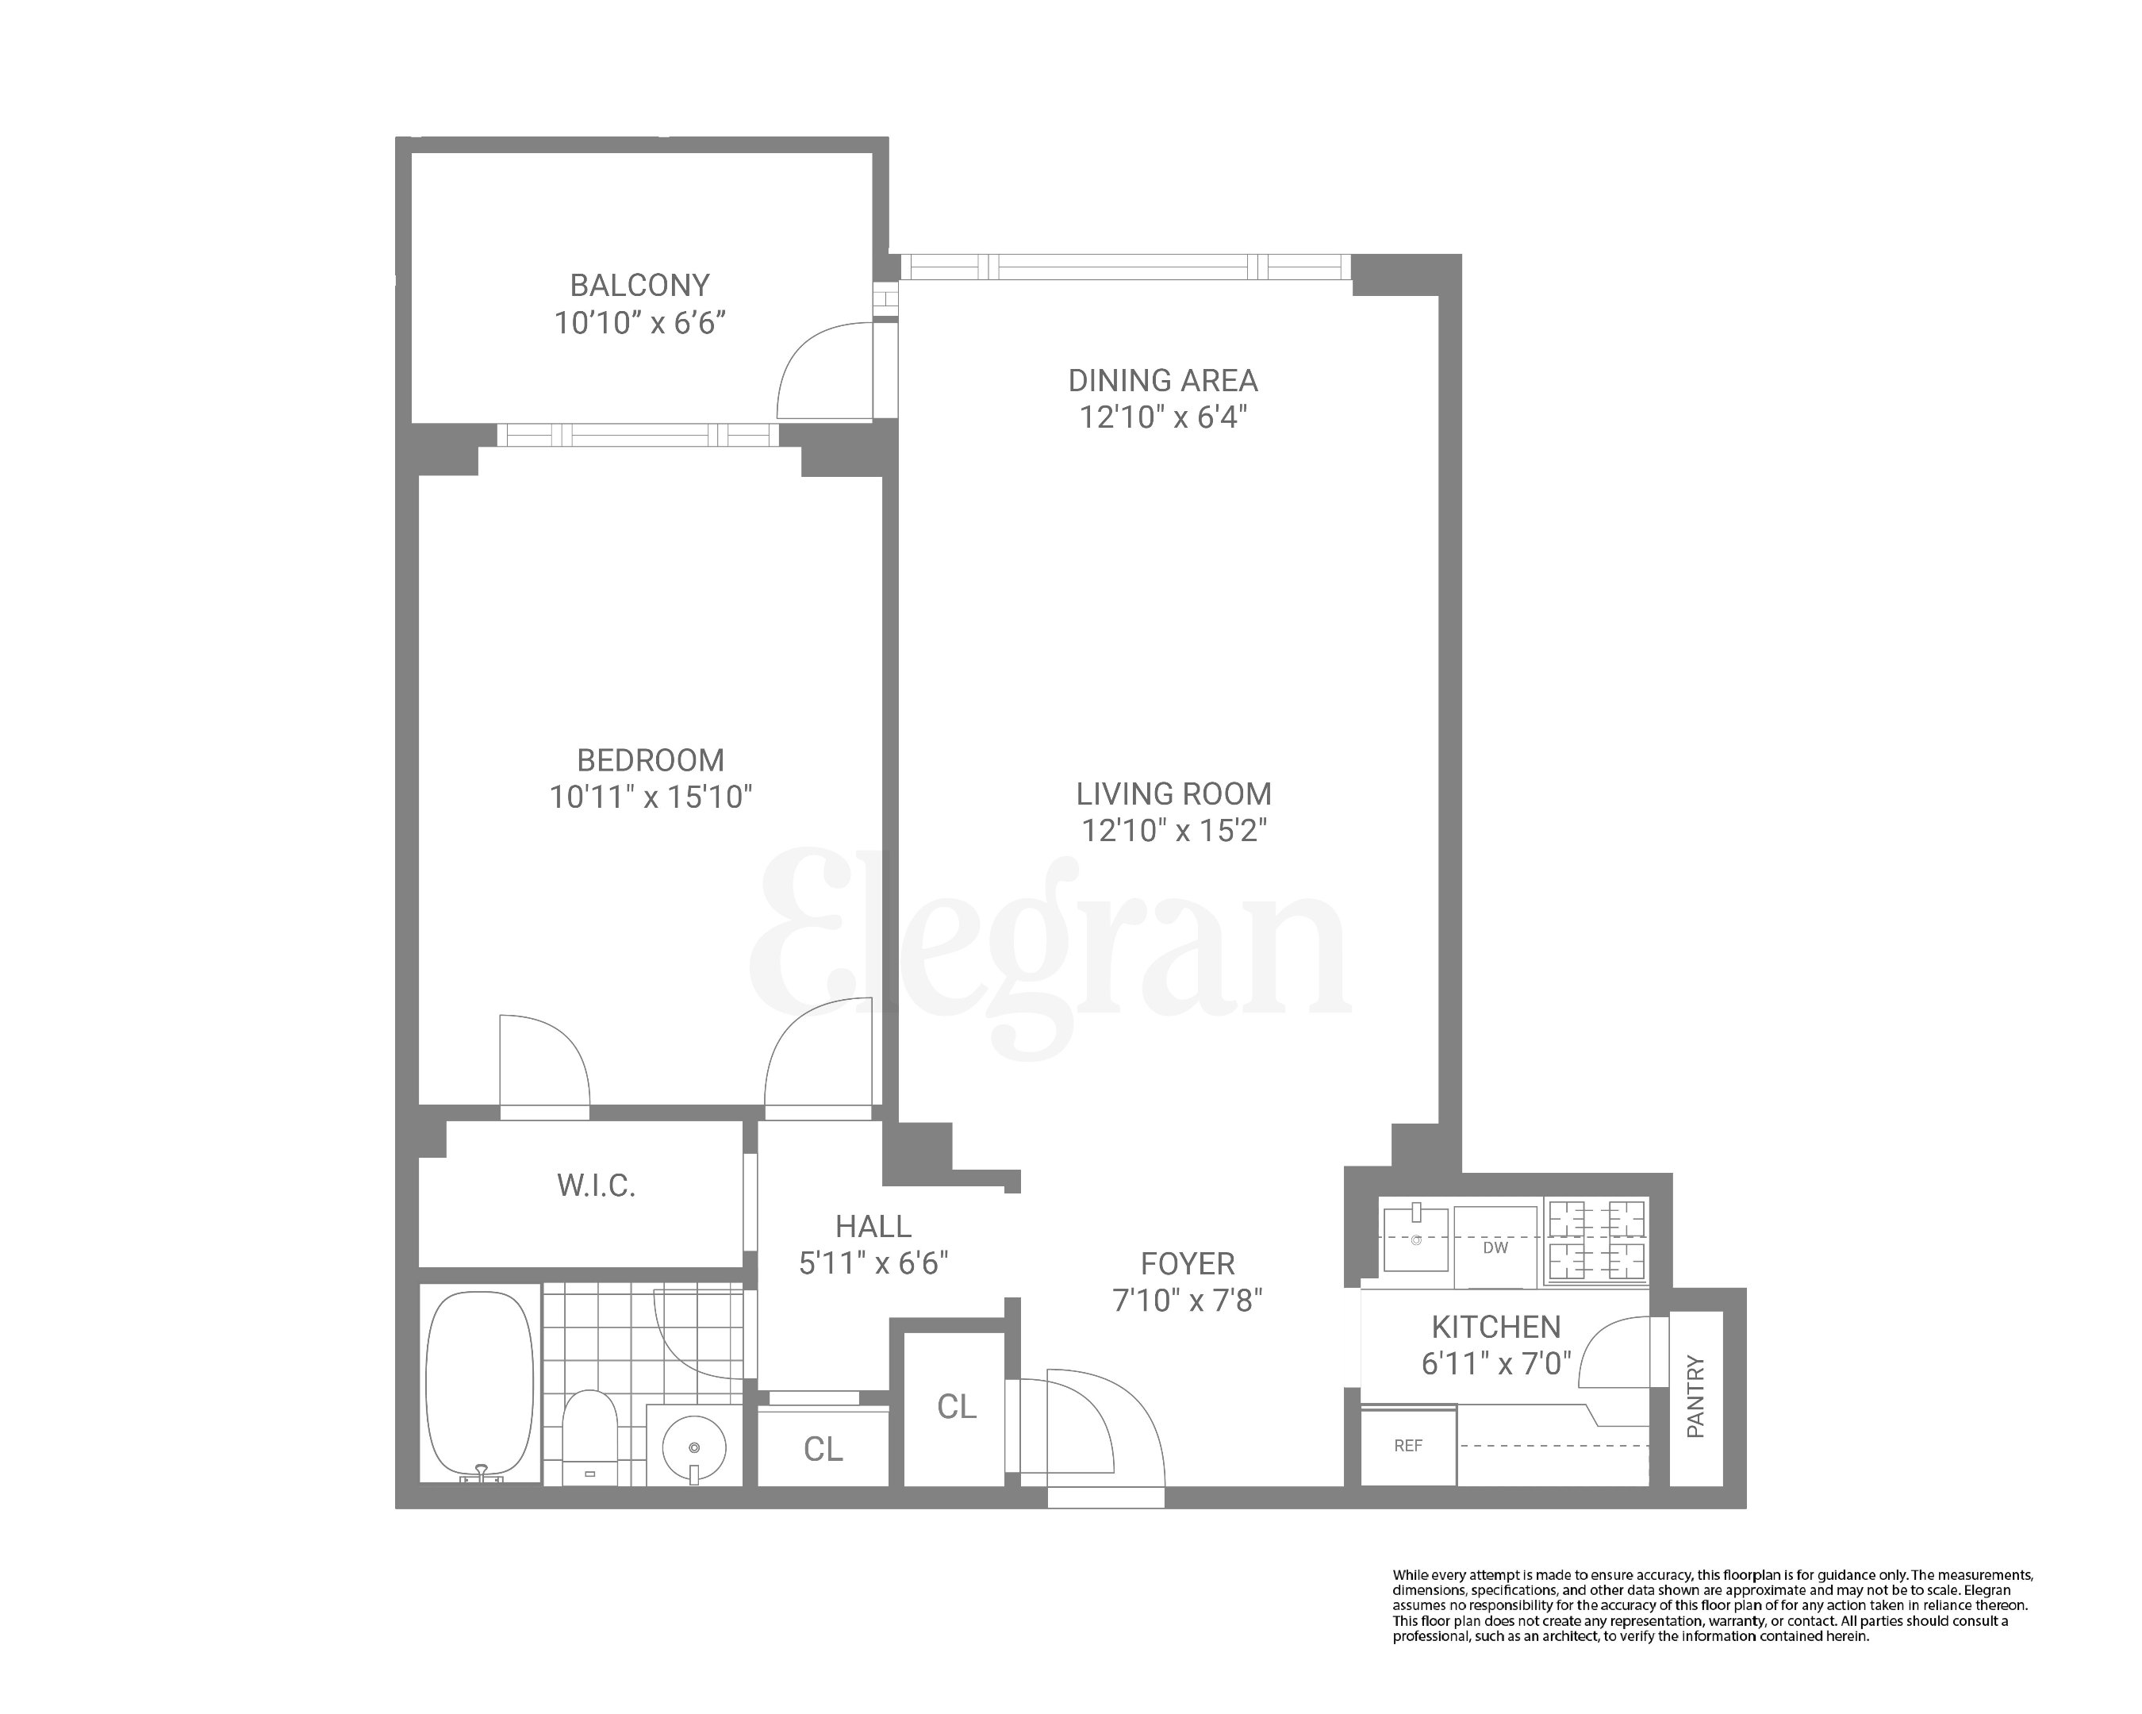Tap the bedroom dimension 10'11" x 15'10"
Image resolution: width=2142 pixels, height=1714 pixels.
651,797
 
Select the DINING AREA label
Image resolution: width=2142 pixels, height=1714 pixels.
1162,381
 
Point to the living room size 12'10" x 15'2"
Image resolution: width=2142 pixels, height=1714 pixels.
1173,830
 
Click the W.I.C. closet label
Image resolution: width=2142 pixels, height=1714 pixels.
595,1186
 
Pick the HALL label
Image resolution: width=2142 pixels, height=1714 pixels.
873,1226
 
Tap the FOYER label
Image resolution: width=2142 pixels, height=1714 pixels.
1188,1264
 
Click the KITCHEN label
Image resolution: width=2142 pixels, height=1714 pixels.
1495,1327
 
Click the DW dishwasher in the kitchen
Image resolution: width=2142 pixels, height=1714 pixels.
1495,1247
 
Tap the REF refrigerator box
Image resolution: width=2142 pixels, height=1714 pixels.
1408,1446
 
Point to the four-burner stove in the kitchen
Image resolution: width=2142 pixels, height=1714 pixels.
1595,1240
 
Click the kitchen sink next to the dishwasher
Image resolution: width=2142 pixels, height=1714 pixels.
1416,1238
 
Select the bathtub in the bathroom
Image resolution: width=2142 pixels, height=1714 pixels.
479,1383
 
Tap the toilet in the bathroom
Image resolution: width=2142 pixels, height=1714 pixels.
590,1435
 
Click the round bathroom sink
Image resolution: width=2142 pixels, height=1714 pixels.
694,1447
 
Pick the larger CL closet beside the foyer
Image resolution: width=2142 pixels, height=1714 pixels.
956,1406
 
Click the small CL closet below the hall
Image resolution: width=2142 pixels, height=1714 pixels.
823,1449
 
